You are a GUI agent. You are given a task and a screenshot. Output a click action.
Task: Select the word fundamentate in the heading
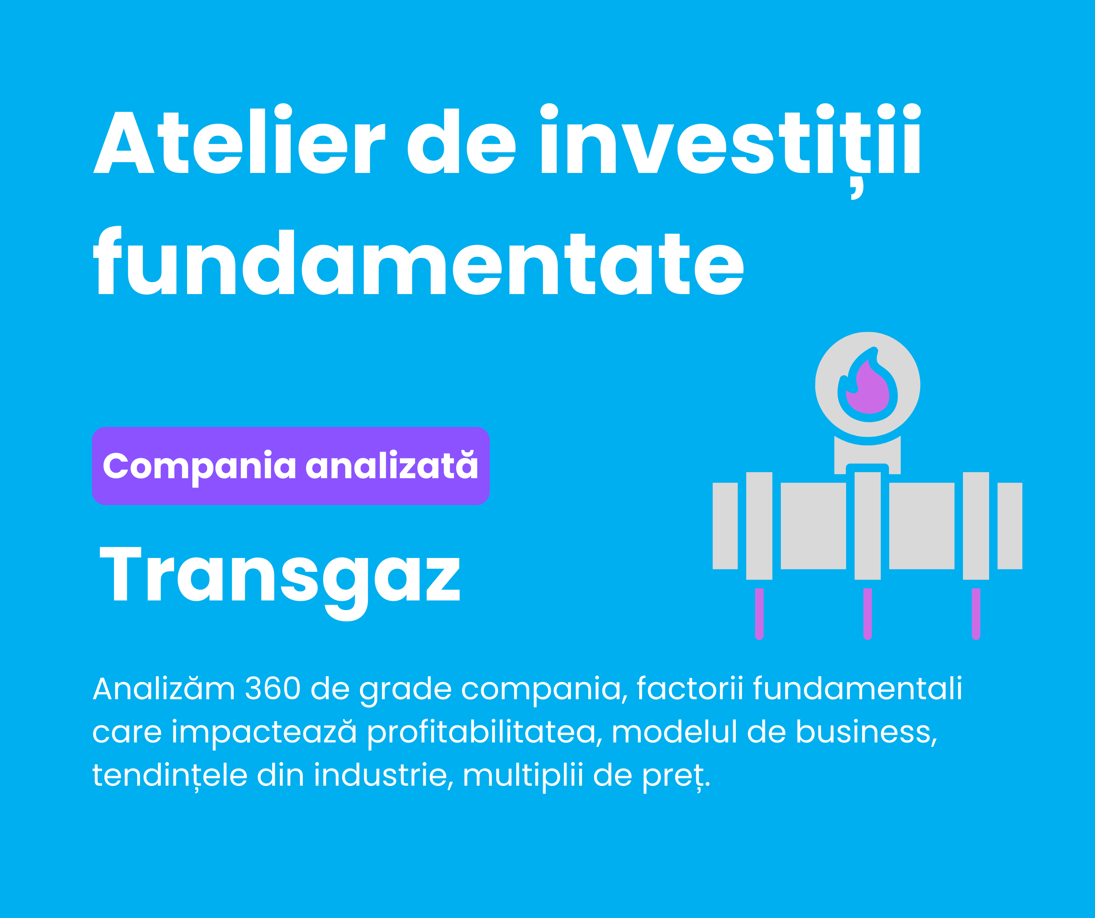[x=418, y=261]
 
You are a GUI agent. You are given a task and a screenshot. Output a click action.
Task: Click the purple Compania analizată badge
[x=290, y=466]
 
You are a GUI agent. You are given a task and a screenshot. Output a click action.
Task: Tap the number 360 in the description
[x=273, y=688]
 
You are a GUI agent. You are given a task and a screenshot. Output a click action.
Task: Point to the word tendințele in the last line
[x=170, y=775]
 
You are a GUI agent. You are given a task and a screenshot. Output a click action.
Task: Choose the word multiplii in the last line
[x=523, y=776]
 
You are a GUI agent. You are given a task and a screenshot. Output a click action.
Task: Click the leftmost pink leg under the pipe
[x=759, y=614]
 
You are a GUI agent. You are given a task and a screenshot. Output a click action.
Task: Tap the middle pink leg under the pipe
[x=867, y=614]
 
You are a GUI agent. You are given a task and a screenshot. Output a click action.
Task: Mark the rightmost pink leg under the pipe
[x=976, y=614]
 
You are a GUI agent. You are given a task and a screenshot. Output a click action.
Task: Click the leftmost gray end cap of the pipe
[x=725, y=526]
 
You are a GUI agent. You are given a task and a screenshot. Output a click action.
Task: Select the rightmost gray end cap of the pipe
[x=1010, y=526]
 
